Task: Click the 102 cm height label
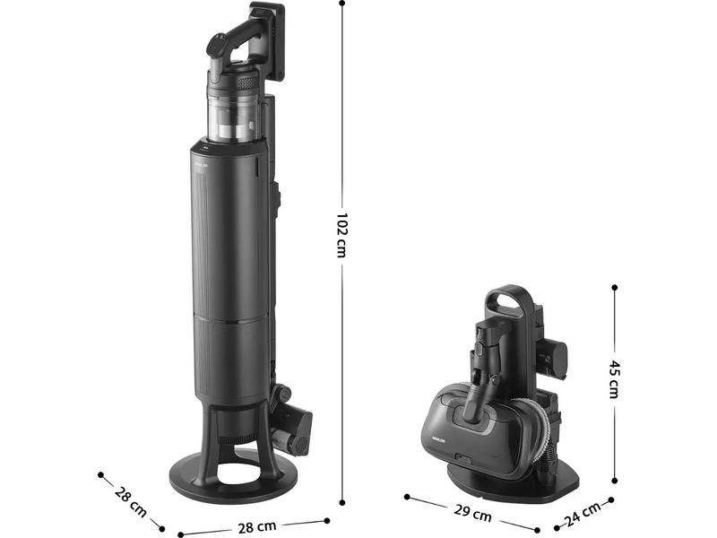[341, 235]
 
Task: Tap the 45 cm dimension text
[614, 379]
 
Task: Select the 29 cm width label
[472, 513]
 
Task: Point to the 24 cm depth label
[582, 514]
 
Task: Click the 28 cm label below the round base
[257, 527]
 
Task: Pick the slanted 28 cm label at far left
[131, 502]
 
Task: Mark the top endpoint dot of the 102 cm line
[342, 3]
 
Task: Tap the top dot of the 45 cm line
[614, 287]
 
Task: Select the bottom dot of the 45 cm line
[614, 481]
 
